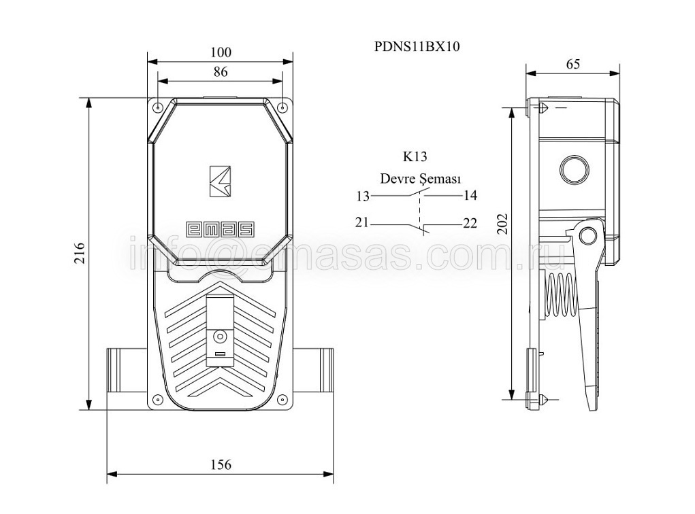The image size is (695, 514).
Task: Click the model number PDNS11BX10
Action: tap(417, 46)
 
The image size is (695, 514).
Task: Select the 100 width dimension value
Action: tap(221, 52)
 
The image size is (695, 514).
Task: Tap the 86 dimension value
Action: tap(221, 71)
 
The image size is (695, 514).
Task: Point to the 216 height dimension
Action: tap(80, 253)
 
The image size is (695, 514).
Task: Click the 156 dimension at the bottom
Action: tap(221, 464)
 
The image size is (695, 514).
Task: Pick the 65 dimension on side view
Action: tap(572, 64)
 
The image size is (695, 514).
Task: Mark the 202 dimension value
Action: tap(502, 224)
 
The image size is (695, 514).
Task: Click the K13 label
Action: tap(415, 156)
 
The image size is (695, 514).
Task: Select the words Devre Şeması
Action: tap(421, 179)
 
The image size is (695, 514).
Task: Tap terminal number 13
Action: tap(363, 196)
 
